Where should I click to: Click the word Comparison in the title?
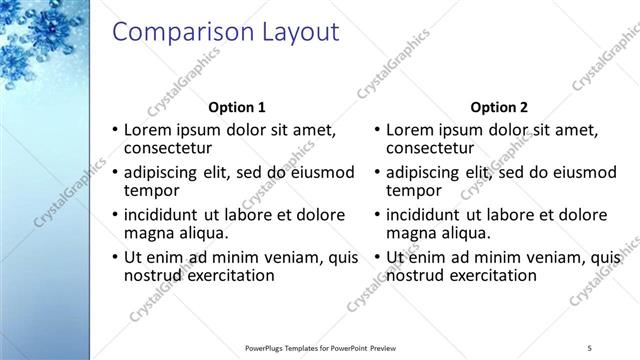[173, 32]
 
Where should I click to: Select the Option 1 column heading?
[236, 107]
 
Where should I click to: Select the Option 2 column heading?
[500, 107]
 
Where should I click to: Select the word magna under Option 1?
[147, 233]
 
